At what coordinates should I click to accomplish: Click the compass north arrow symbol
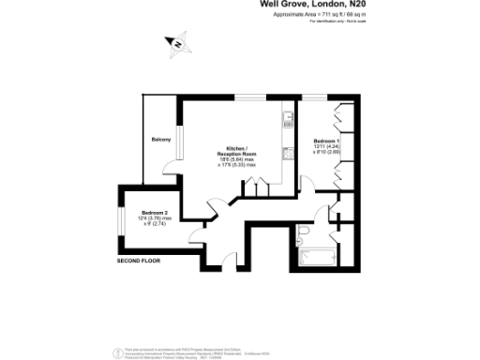(x=174, y=41)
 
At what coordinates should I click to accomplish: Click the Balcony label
(x=161, y=140)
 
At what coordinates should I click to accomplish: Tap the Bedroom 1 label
(x=325, y=140)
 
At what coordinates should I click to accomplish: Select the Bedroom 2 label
(x=142, y=213)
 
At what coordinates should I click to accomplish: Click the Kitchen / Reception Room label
(x=236, y=150)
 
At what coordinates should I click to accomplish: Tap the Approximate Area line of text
(x=320, y=15)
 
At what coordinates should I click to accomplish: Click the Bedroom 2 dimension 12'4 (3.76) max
(x=142, y=219)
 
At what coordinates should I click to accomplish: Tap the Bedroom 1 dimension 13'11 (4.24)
(x=325, y=146)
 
